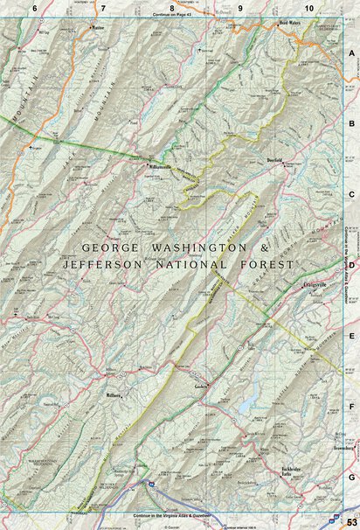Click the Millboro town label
pyautogui.click(x=115, y=394)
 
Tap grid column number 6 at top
pyautogui.click(x=34, y=7)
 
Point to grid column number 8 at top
pyautogui.click(x=172, y=7)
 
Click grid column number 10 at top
pyautogui.click(x=308, y=7)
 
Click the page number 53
pyautogui.click(x=350, y=521)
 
